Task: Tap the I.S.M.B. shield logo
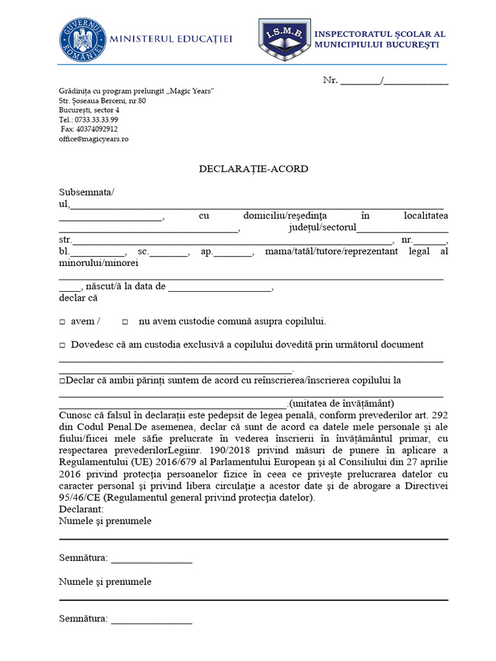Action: (284, 39)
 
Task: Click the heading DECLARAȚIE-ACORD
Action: (253, 169)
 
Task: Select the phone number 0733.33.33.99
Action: (96, 119)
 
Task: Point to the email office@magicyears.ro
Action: (94, 139)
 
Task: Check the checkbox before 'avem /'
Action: (62, 321)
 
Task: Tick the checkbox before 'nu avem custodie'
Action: (125, 321)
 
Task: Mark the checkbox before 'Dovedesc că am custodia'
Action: (62, 345)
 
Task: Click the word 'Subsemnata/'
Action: (87, 192)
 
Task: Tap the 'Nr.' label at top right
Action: (330, 81)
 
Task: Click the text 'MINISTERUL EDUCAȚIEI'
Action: (171, 39)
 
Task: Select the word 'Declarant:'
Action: (81, 509)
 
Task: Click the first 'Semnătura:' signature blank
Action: (151, 558)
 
